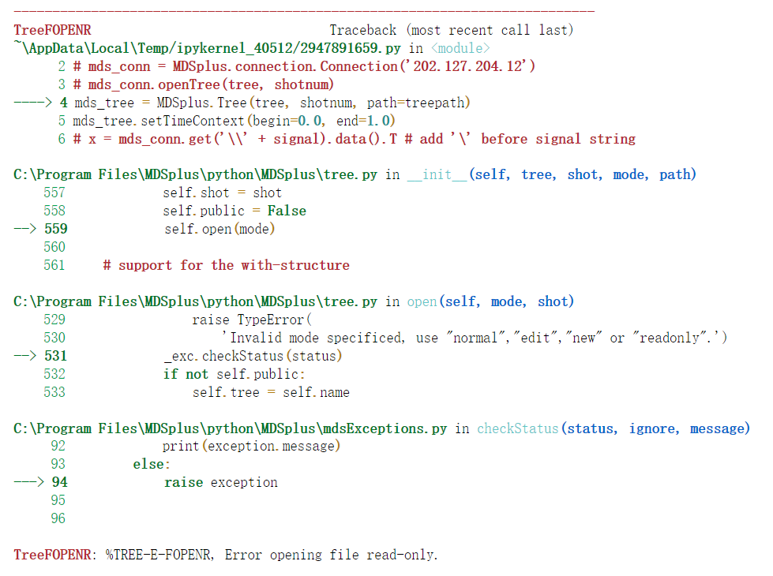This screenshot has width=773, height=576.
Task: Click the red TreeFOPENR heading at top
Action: pyautogui.click(x=52, y=30)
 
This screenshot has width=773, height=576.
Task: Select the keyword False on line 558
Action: pyautogui.click(x=287, y=211)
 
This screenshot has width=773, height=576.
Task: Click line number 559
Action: pyautogui.click(x=55, y=229)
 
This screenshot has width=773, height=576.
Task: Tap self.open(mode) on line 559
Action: pyautogui.click(x=220, y=229)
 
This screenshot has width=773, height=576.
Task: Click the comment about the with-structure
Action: pyautogui.click(x=226, y=265)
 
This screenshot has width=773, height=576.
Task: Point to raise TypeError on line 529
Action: pyautogui.click(x=252, y=320)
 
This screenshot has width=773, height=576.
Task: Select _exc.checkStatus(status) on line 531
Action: pyautogui.click(x=253, y=356)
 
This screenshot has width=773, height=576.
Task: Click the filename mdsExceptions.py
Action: pyautogui.click(x=385, y=428)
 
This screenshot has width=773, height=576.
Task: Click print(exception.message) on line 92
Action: pyautogui.click(x=251, y=447)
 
